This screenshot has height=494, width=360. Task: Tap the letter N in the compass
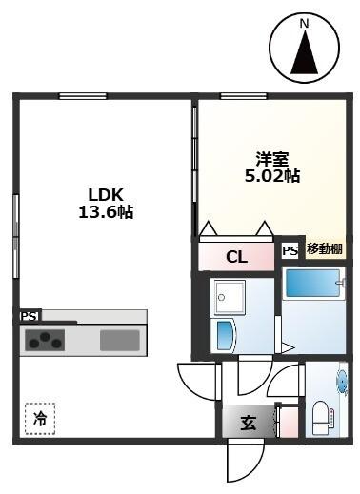click(305, 23)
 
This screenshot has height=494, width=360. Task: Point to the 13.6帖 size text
click(105, 214)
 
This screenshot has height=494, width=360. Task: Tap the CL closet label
click(237, 256)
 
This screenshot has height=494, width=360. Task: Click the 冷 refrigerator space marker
click(40, 417)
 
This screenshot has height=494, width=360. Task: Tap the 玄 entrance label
click(248, 424)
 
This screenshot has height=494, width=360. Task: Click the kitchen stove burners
click(45, 340)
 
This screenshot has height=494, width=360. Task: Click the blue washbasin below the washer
click(225, 336)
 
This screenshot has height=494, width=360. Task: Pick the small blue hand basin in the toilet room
click(341, 381)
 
